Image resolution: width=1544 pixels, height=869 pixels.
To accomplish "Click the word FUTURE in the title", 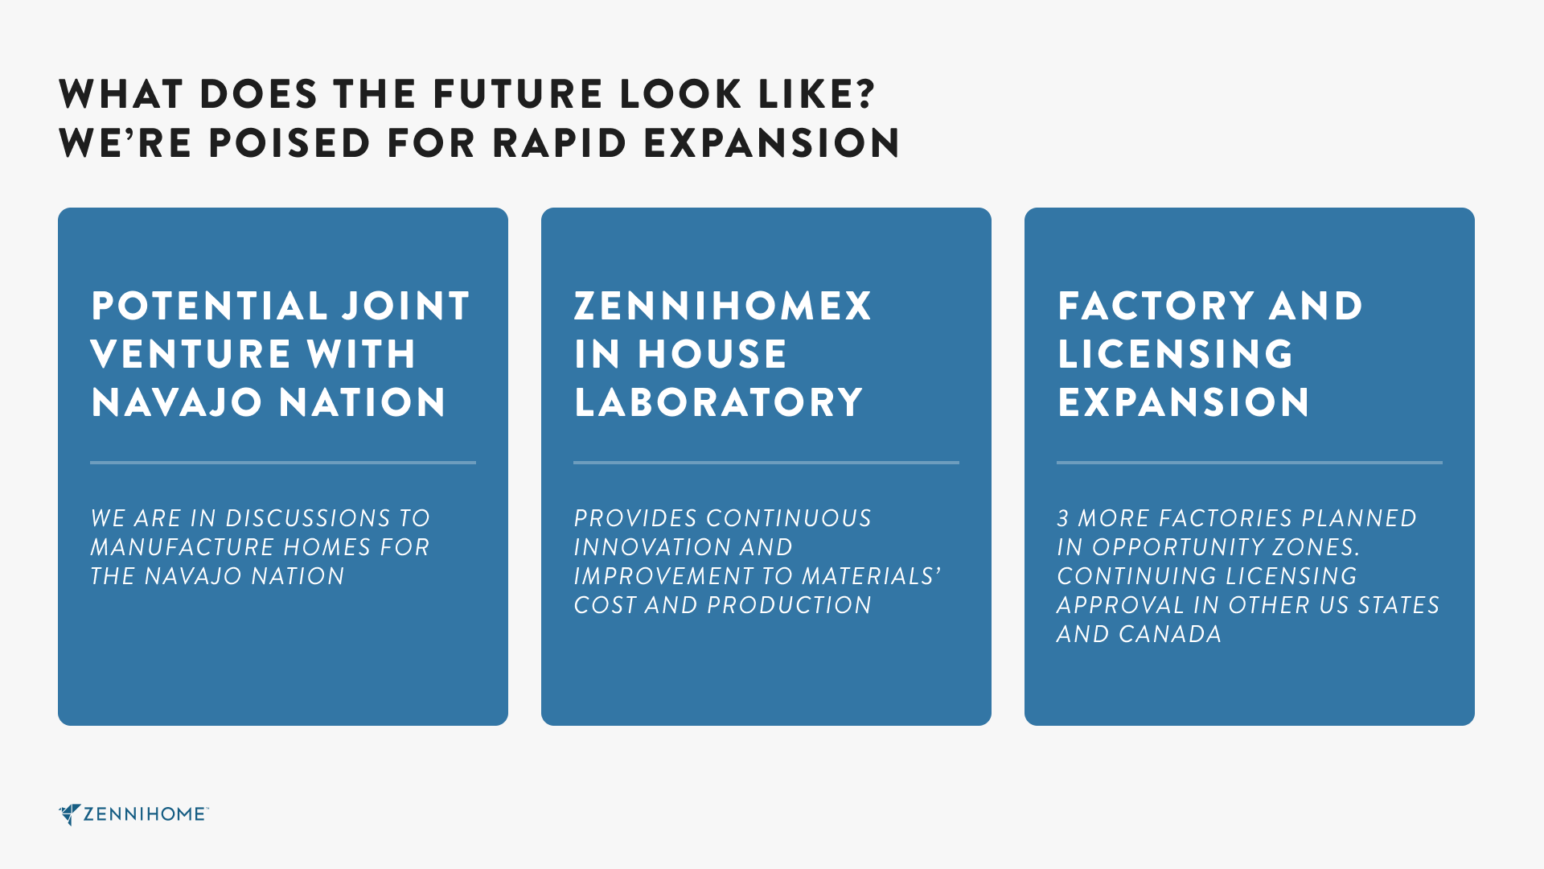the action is (518, 94).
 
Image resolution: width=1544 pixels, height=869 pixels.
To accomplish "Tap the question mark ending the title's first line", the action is (865, 93).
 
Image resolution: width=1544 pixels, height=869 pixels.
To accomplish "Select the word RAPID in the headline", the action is (559, 143).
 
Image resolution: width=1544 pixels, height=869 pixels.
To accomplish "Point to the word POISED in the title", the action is (289, 143).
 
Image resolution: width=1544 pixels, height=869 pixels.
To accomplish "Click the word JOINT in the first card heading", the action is (406, 306).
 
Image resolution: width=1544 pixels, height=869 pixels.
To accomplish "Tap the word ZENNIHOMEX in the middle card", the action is (722, 306).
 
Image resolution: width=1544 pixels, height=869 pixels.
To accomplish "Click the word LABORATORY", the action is (718, 402).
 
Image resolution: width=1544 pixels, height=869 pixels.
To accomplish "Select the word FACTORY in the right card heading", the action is (1156, 306).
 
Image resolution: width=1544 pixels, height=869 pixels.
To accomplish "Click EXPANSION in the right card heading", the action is (1184, 402).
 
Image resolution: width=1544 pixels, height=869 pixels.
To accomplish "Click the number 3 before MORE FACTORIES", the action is (1063, 518).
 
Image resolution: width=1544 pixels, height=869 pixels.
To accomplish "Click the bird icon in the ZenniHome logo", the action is (69, 814).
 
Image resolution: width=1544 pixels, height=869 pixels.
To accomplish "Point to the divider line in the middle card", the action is (766, 463).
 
